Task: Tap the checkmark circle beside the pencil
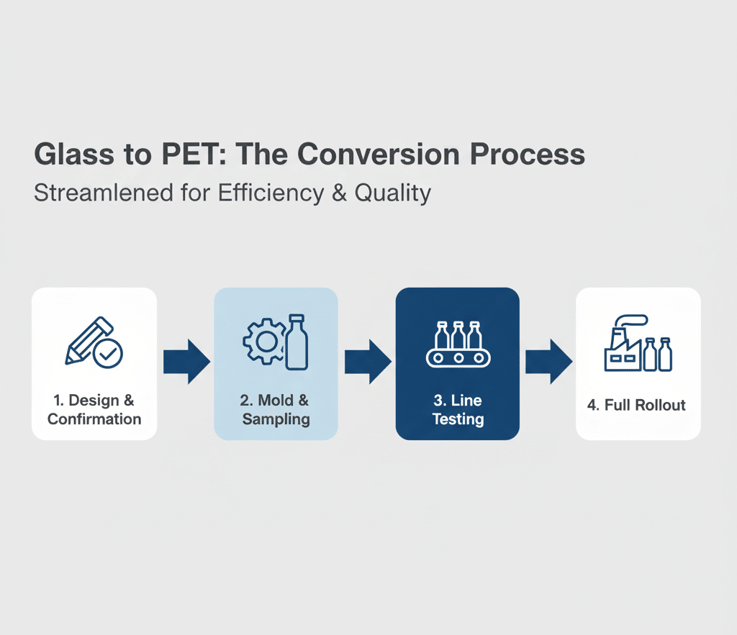[109, 353]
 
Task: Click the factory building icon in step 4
[623, 352]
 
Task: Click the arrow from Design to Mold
[186, 362]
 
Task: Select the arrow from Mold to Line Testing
[367, 362]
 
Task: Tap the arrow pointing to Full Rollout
[548, 362]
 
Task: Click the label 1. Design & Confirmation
[94, 410]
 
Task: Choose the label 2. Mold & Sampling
[276, 410]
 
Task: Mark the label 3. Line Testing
[457, 410]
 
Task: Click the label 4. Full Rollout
[636, 405]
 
